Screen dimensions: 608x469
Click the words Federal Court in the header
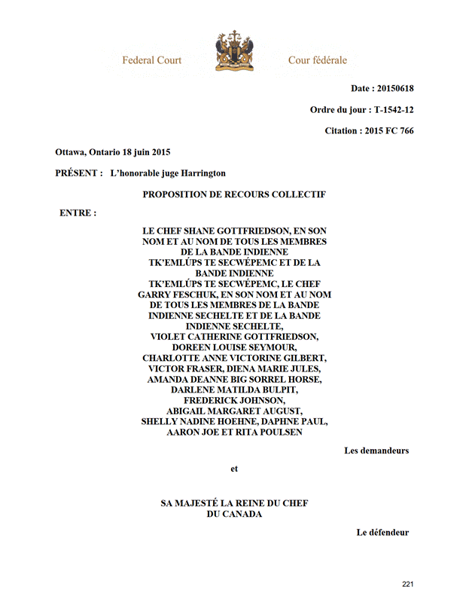(152, 60)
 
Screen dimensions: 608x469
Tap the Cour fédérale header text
(318, 60)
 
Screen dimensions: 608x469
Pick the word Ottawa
(72, 152)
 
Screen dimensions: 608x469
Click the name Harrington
(199, 173)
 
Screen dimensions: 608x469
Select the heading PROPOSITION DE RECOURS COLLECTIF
(234, 194)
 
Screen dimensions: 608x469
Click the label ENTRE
(78, 213)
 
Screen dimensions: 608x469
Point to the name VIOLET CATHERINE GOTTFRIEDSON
(234, 337)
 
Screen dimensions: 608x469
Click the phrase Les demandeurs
(376, 451)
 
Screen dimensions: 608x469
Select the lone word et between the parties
(234, 469)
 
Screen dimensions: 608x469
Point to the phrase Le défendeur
(382, 533)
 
